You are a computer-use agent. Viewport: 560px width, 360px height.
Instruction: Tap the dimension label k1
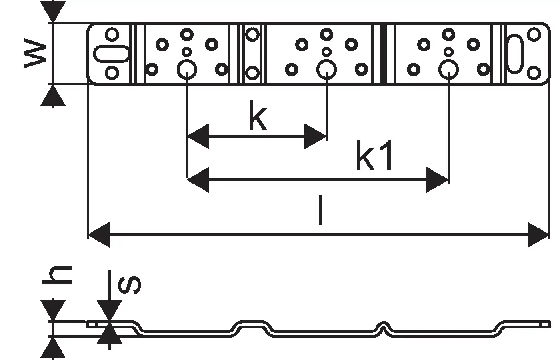pos(374,155)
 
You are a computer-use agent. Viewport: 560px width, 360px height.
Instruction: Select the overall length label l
pos(320,210)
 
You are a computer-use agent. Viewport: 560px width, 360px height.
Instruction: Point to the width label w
pos(34,53)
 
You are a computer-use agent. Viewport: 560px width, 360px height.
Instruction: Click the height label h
pos(57,275)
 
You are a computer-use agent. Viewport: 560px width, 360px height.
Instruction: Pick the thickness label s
pos(129,284)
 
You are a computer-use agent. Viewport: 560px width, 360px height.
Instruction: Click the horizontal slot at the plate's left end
pos(112,54)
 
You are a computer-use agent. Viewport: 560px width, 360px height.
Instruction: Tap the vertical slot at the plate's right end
pos(516,54)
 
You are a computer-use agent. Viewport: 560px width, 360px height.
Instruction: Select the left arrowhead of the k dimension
pos(198,136)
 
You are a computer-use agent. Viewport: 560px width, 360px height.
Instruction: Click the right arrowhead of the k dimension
pos(316,136)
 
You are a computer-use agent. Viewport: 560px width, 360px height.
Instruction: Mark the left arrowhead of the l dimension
pos(98,235)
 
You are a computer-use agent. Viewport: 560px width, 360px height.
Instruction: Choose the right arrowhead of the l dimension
pos(538,235)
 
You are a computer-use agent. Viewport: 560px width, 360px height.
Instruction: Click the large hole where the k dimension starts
pos(187,70)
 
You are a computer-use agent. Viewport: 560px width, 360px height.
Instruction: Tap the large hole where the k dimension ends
pos(326,70)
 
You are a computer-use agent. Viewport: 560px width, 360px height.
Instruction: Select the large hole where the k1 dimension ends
pos(448,70)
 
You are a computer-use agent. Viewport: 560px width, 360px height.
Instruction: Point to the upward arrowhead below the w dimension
pos(53,96)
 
